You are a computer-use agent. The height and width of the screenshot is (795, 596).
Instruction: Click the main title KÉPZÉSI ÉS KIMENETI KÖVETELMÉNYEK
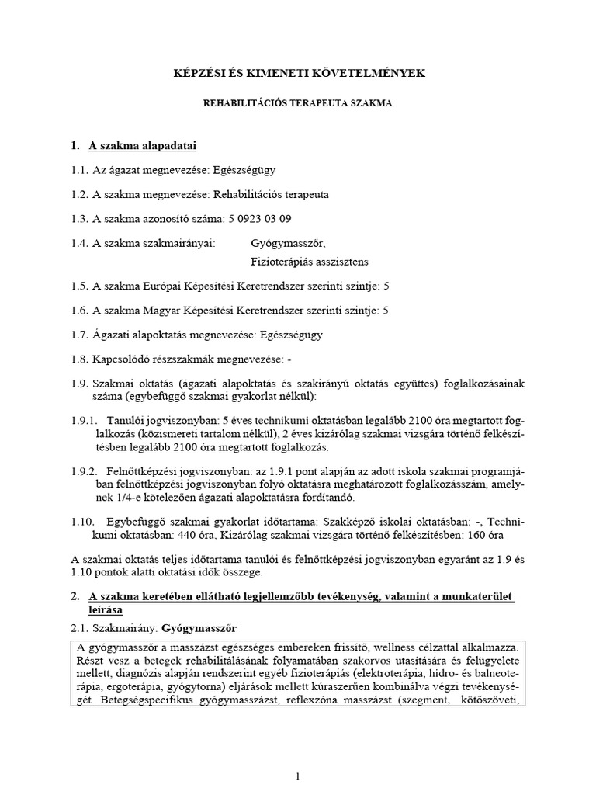pos(298,73)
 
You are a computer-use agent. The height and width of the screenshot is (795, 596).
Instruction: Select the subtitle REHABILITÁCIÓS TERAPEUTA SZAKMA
pos(298,102)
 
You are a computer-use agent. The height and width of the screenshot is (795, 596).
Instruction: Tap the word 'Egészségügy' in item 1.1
pos(244,169)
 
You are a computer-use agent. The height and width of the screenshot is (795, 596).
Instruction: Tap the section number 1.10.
pos(81,522)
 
